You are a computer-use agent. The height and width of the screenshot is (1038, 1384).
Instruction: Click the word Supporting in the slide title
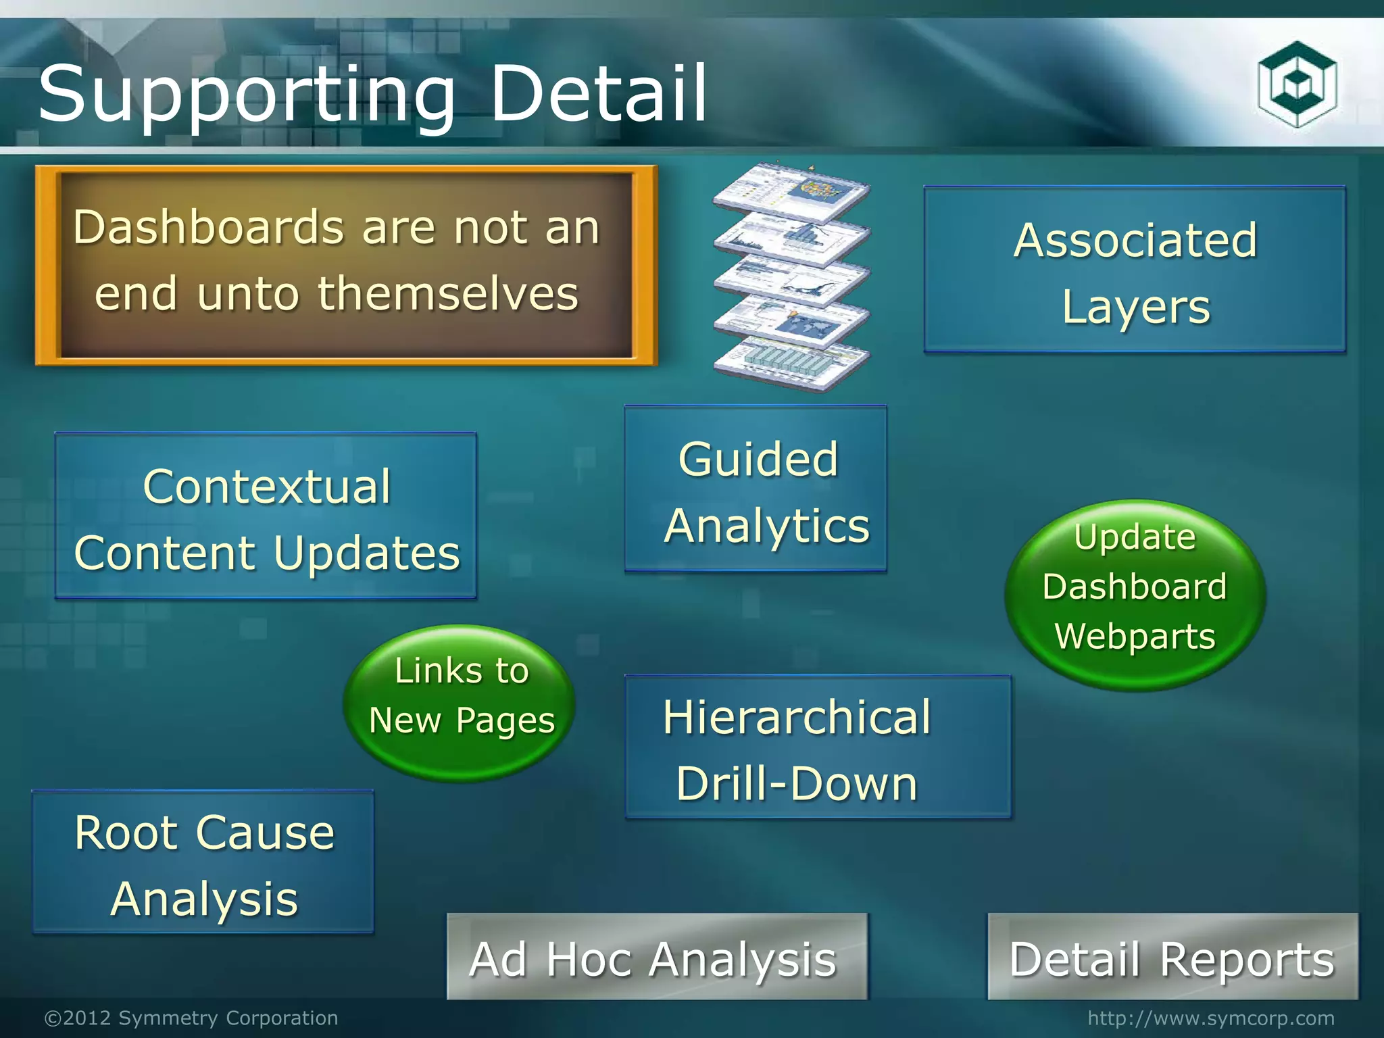247,95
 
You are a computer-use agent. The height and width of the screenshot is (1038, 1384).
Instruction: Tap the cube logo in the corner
1297,84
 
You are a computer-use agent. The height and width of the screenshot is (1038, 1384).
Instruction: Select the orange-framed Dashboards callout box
346,265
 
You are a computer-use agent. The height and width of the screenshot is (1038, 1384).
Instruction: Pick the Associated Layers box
1135,270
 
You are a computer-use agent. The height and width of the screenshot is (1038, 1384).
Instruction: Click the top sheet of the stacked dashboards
791,193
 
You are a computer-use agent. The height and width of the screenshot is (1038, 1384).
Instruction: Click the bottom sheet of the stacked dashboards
791,365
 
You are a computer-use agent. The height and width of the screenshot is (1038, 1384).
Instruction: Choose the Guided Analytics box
756,489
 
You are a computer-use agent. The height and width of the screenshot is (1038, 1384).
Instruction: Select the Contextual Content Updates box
266,516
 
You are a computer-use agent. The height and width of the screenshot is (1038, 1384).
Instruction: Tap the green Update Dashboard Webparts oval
1135,595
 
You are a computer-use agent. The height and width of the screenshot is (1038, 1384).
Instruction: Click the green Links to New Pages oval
461,703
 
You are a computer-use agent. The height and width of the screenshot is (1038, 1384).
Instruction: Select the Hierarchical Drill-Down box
818,747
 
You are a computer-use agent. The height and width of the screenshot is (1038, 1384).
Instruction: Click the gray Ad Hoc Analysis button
656,957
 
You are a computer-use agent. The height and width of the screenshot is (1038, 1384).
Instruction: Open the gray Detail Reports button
1172,957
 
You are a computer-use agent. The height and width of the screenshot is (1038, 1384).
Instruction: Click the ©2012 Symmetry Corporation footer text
191,1018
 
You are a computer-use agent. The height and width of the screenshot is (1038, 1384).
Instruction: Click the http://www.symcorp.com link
1211,1018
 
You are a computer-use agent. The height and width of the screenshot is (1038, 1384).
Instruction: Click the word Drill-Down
797,784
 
